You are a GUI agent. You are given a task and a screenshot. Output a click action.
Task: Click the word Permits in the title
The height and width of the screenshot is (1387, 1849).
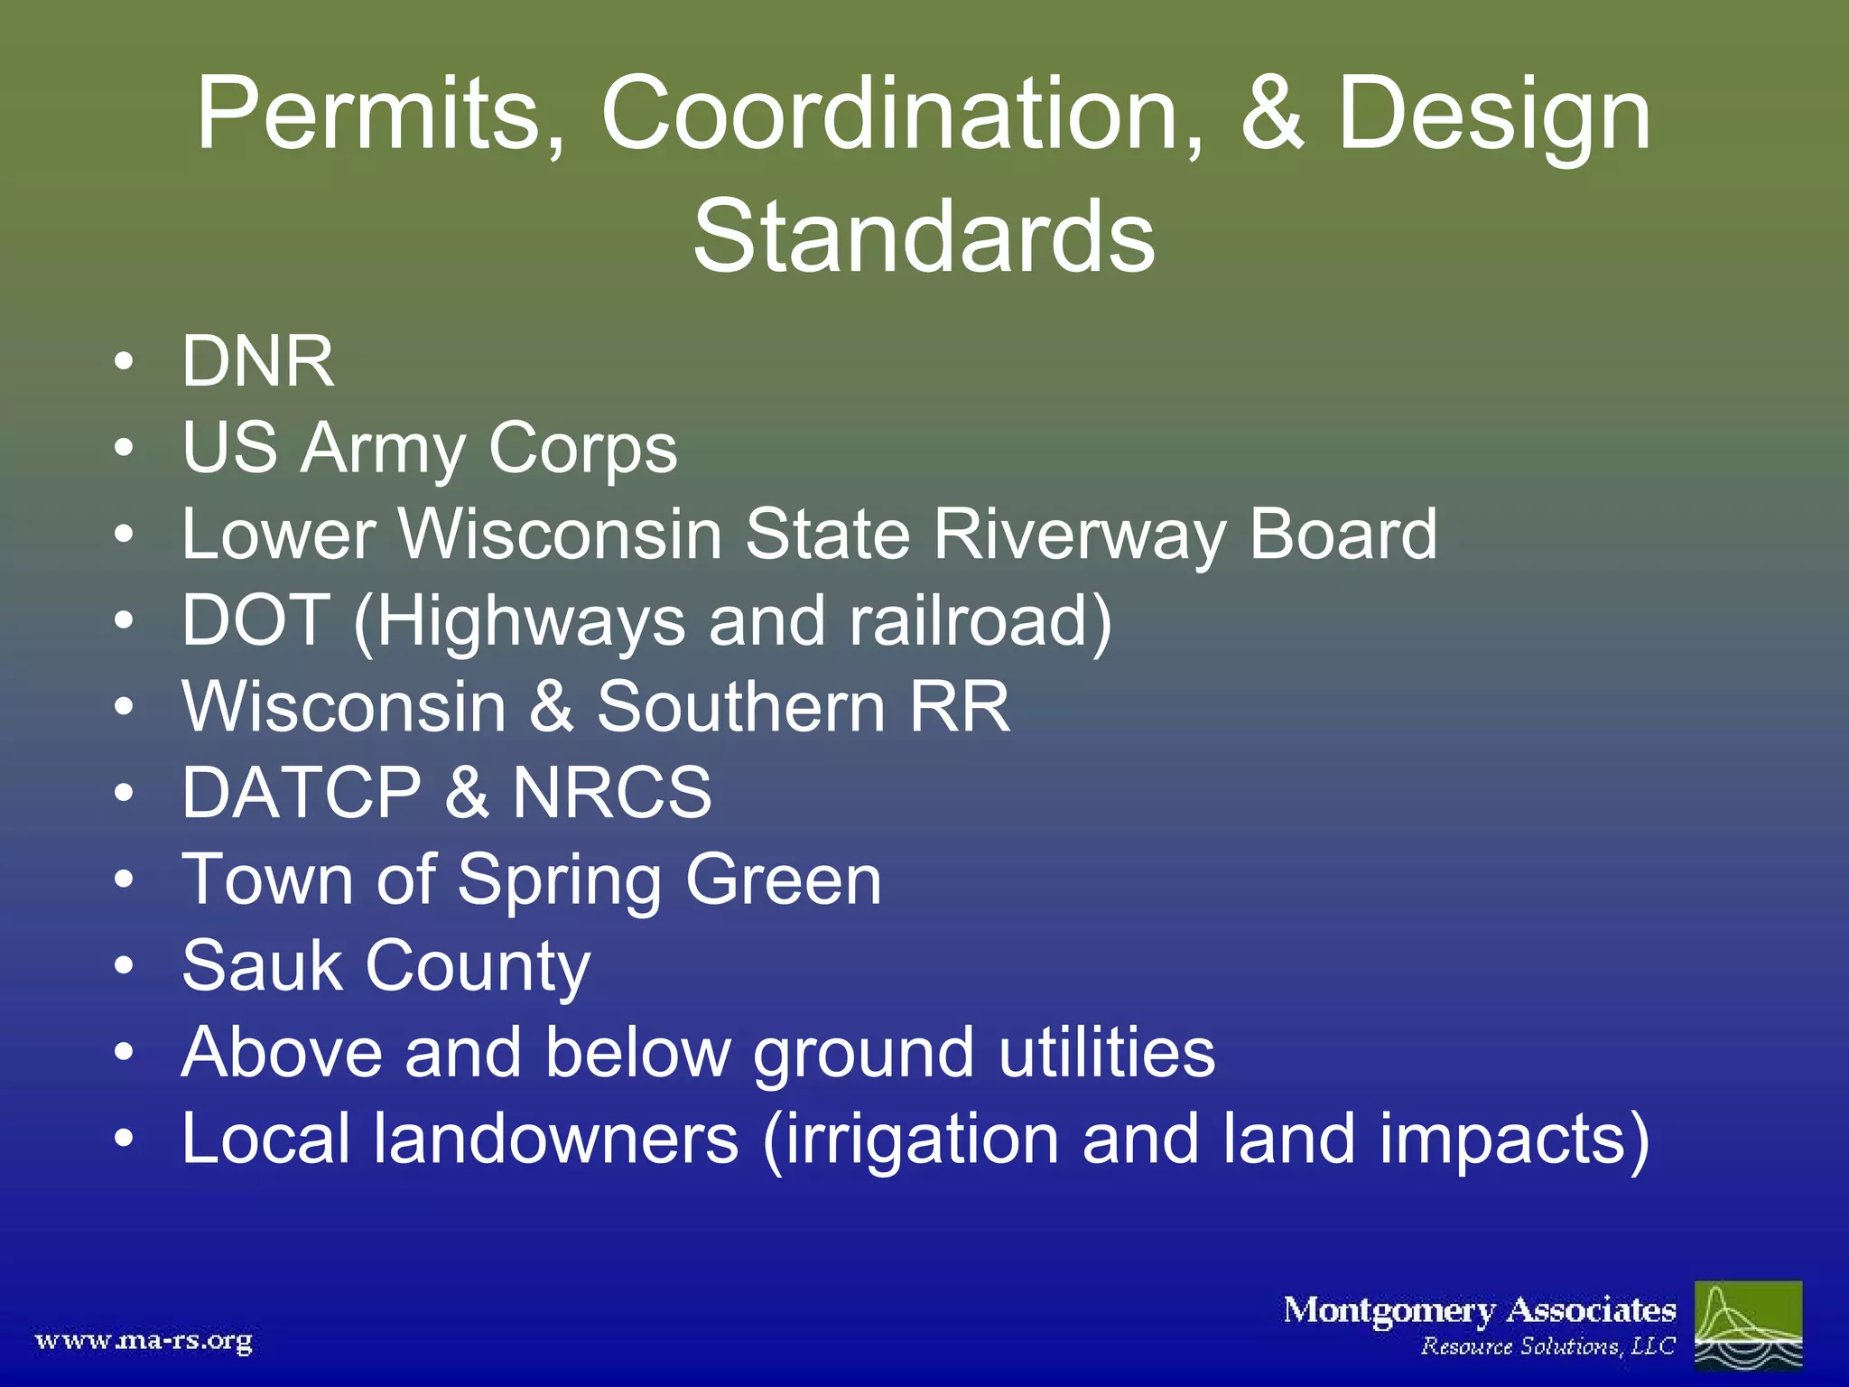pyautogui.click(x=380, y=116)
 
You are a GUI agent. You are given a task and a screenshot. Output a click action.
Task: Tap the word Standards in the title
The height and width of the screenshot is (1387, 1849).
pyautogui.click(x=924, y=237)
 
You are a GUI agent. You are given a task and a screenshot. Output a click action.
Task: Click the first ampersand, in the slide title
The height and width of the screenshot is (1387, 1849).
pyautogui.click(x=1271, y=116)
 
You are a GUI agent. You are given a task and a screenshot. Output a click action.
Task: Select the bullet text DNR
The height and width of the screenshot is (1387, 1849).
pyautogui.click(x=258, y=362)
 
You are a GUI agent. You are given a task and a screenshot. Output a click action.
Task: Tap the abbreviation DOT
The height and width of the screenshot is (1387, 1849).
pyautogui.click(x=256, y=620)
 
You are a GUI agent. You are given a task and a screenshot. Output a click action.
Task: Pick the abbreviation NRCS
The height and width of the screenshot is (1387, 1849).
pyautogui.click(x=612, y=793)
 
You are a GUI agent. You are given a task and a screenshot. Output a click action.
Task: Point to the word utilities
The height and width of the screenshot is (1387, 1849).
pyautogui.click(x=1107, y=1052)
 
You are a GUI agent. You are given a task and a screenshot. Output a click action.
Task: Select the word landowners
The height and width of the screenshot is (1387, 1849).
pyautogui.click(x=556, y=1139)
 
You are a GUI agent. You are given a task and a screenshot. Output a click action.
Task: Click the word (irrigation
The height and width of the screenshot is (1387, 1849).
pyautogui.click(x=910, y=1140)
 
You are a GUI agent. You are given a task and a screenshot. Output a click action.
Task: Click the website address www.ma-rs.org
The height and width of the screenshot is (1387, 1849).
pyautogui.click(x=144, y=1341)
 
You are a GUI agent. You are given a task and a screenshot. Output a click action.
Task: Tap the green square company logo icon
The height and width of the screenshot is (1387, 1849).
pyautogui.click(x=1748, y=1324)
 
